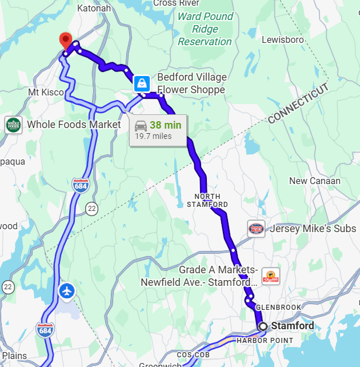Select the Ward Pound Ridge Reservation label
(205, 29)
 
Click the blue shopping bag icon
(141, 84)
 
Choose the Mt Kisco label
(46, 92)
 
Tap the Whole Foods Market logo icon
(13, 125)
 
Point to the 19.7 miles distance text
(153, 136)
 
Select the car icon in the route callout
(141, 125)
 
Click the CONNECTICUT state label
(298, 103)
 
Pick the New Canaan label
(314, 181)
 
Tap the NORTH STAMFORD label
(207, 200)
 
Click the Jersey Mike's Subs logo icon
(257, 229)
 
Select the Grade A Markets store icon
(270, 275)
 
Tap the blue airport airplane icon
(67, 290)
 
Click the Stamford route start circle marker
(263, 326)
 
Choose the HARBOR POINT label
(265, 340)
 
